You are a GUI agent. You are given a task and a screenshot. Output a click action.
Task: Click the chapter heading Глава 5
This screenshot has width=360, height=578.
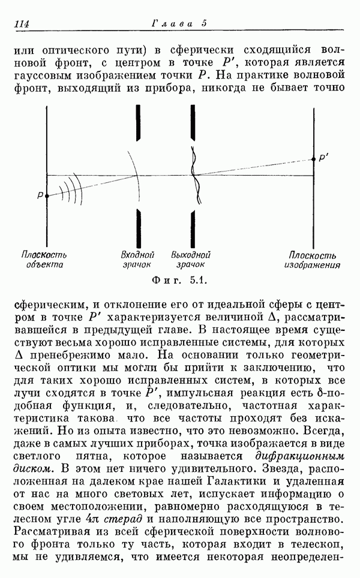click(x=179, y=23)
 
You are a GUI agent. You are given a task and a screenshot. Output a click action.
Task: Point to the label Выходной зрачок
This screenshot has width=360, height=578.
click(x=191, y=258)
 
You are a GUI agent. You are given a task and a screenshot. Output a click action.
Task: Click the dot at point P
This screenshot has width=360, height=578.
click(x=47, y=195)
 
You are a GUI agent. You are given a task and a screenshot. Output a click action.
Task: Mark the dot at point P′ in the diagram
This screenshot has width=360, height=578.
click(x=313, y=159)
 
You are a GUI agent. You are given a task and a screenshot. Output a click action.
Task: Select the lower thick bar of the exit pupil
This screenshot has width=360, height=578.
click(x=193, y=227)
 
